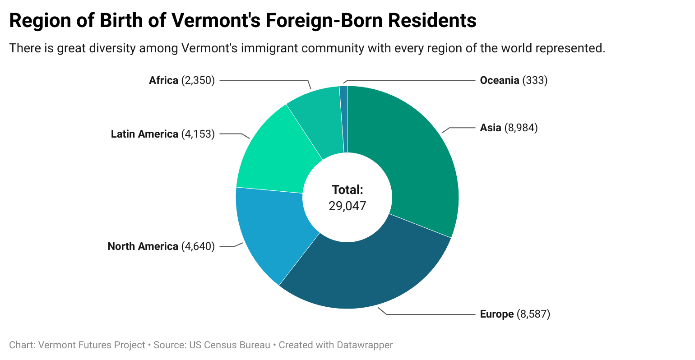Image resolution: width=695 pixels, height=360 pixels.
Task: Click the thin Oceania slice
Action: click(x=343, y=120)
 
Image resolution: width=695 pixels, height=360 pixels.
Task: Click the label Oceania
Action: click(x=499, y=80)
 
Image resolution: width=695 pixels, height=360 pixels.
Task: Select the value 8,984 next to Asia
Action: click(x=521, y=128)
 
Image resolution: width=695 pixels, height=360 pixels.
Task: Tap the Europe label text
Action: click(x=497, y=314)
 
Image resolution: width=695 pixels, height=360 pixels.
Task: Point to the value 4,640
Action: click(x=198, y=246)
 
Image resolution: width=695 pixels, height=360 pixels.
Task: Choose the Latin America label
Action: click(x=144, y=134)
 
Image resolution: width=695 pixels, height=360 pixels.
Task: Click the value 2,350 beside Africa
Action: click(x=198, y=80)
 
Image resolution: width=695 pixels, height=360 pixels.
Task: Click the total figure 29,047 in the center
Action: click(x=347, y=206)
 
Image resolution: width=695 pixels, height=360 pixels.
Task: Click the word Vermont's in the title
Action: click(x=216, y=20)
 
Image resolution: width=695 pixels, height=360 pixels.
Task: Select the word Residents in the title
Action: click(x=432, y=20)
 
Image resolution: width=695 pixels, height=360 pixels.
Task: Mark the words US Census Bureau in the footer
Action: click(x=230, y=345)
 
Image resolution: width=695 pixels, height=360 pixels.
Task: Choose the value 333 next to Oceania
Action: click(x=535, y=80)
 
